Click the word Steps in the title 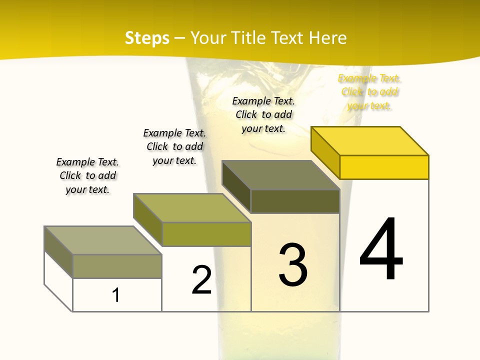tap(147, 38)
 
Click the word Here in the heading tap(327, 38)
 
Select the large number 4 tap(381, 249)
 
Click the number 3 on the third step tap(293, 264)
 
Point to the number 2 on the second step tap(202, 280)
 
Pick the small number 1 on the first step tap(116, 295)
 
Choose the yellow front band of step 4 tap(384, 167)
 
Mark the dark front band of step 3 tap(295, 201)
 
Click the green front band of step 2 tap(206, 234)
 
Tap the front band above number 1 tap(117, 266)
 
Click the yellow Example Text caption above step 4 tap(369, 92)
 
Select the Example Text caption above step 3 tap(263, 114)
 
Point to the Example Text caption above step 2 tap(174, 146)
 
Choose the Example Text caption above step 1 tap(87, 175)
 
